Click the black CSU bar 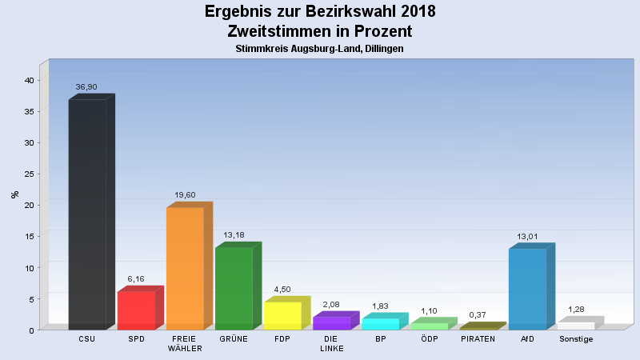pyautogui.click(x=87, y=214)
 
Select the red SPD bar pyautogui.click(x=136, y=310)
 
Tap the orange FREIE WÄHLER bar pyautogui.click(x=185, y=269)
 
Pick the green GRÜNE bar pyautogui.click(x=234, y=289)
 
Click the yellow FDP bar pyautogui.click(x=282, y=315)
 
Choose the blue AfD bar pyautogui.click(x=527, y=289)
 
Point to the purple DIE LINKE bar pyautogui.click(x=331, y=323)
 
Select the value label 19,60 pyautogui.click(x=185, y=194)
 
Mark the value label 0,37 pyautogui.click(x=478, y=315)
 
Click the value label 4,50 pyautogui.click(x=282, y=289)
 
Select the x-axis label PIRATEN pyautogui.click(x=478, y=338)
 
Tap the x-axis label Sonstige pyautogui.click(x=576, y=338)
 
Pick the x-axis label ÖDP pyautogui.click(x=429, y=338)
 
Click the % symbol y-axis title pyautogui.click(x=14, y=194)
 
